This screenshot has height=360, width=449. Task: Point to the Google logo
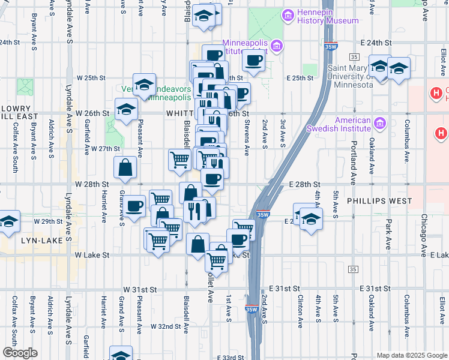20,352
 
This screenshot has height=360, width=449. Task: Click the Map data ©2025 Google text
412,355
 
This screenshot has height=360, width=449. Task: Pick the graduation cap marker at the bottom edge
121,354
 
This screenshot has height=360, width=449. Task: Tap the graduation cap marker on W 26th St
126,109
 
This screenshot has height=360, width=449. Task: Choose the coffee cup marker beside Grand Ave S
134,206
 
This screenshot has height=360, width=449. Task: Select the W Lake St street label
92,255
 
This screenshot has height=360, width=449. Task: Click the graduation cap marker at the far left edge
8,221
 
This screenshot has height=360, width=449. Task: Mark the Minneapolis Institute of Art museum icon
277,46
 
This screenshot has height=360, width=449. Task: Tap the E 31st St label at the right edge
376,289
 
